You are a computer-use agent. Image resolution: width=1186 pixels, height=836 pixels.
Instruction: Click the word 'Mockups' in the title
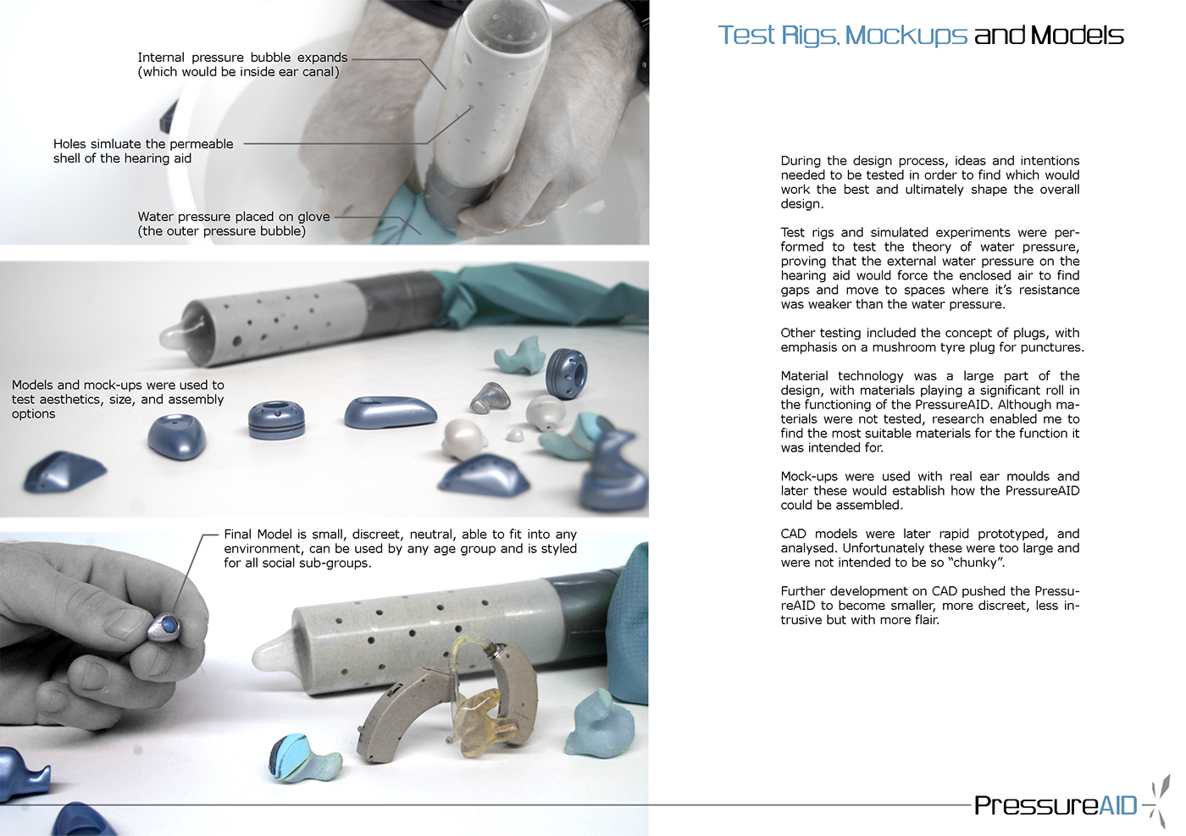click(x=906, y=36)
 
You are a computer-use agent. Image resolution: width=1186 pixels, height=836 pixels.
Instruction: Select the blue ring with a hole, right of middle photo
click(x=566, y=372)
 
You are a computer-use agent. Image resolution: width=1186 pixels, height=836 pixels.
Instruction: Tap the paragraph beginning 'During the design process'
click(x=930, y=182)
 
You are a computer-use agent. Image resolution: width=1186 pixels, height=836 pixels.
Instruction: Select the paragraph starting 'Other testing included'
click(x=932, y=340)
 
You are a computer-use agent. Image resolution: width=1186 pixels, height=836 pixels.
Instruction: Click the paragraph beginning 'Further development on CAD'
click(x=930, y=606)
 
